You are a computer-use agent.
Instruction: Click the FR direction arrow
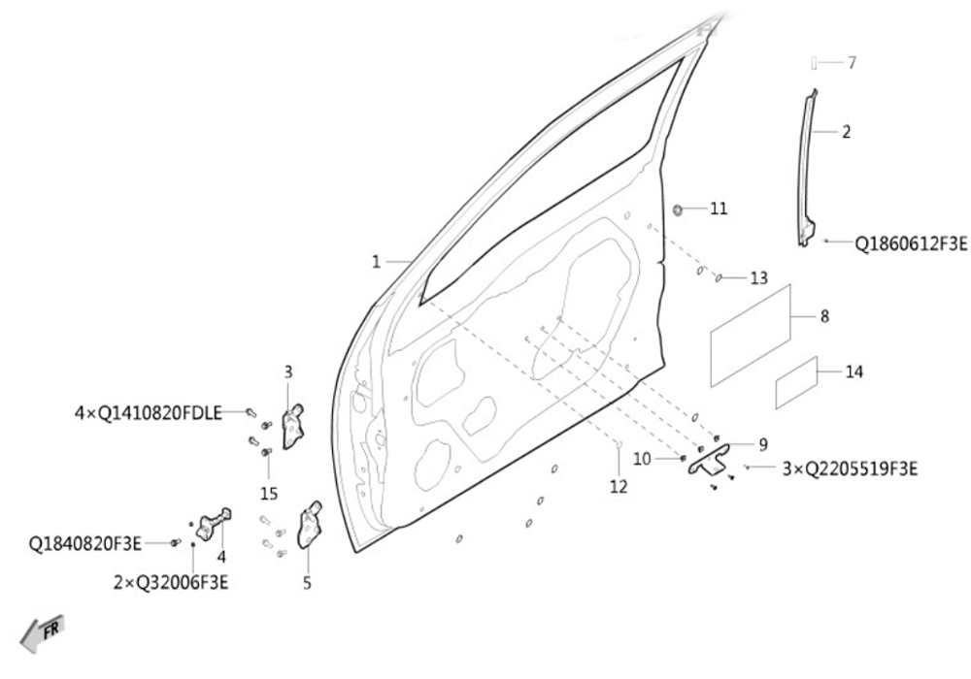pyautogui.click(x=42, y=632)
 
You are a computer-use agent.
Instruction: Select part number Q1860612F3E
pyautogui.click(x=911, y=243)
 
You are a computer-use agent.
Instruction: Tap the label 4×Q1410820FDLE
pyautogui.click(x=149, y=413)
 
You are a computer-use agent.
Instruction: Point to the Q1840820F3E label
pyautogui.click(x=85, y=544)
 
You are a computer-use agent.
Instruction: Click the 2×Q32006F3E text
pyautogui.click(x=171, y=583)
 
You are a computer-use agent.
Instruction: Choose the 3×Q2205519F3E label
pyautogui.click(x=851, y=469)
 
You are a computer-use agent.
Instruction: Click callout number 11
pyautogui.click(x=719, y=209)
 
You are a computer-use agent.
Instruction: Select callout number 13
pyautogui.click(x=758, y=278)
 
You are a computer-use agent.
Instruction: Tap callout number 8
pyautogui.click(x=824, y=316)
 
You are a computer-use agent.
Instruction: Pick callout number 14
pyautogui.click(x=854, y=372)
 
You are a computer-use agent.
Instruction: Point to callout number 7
pyautogui.click(x=853, y=62)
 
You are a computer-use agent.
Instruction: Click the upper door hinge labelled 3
pyautogui.click(x=293, y=426)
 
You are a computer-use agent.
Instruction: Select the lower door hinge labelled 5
pyautogui.click(x=311, y=525)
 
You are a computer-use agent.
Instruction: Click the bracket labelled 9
pyautogui.click(x=710, y=459)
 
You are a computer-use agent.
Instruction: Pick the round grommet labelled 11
pyautogui.click(x=678, y=210)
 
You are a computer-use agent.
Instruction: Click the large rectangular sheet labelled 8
pyautogui.click(x=751, y=336)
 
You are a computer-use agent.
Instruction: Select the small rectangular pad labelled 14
pyautogui.click(x=796, y=383)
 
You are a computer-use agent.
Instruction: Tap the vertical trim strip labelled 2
pyautogui.click(x=806, y=168)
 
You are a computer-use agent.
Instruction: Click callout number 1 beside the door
pyautogui.click(x=376, y=262)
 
